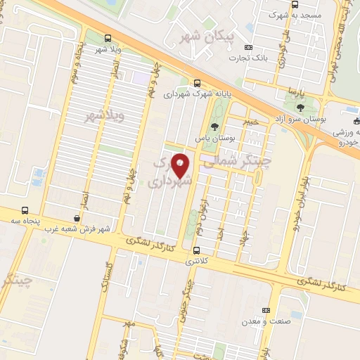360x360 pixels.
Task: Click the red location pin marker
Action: pos(181,165)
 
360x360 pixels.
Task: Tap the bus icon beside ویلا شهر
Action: pos(108,39)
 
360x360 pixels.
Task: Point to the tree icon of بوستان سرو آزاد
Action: pos(301,108)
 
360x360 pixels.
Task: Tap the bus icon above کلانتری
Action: pos(196,250)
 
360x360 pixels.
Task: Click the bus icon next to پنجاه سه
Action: pos(25,210)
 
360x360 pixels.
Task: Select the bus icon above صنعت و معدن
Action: pos(266,310)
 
